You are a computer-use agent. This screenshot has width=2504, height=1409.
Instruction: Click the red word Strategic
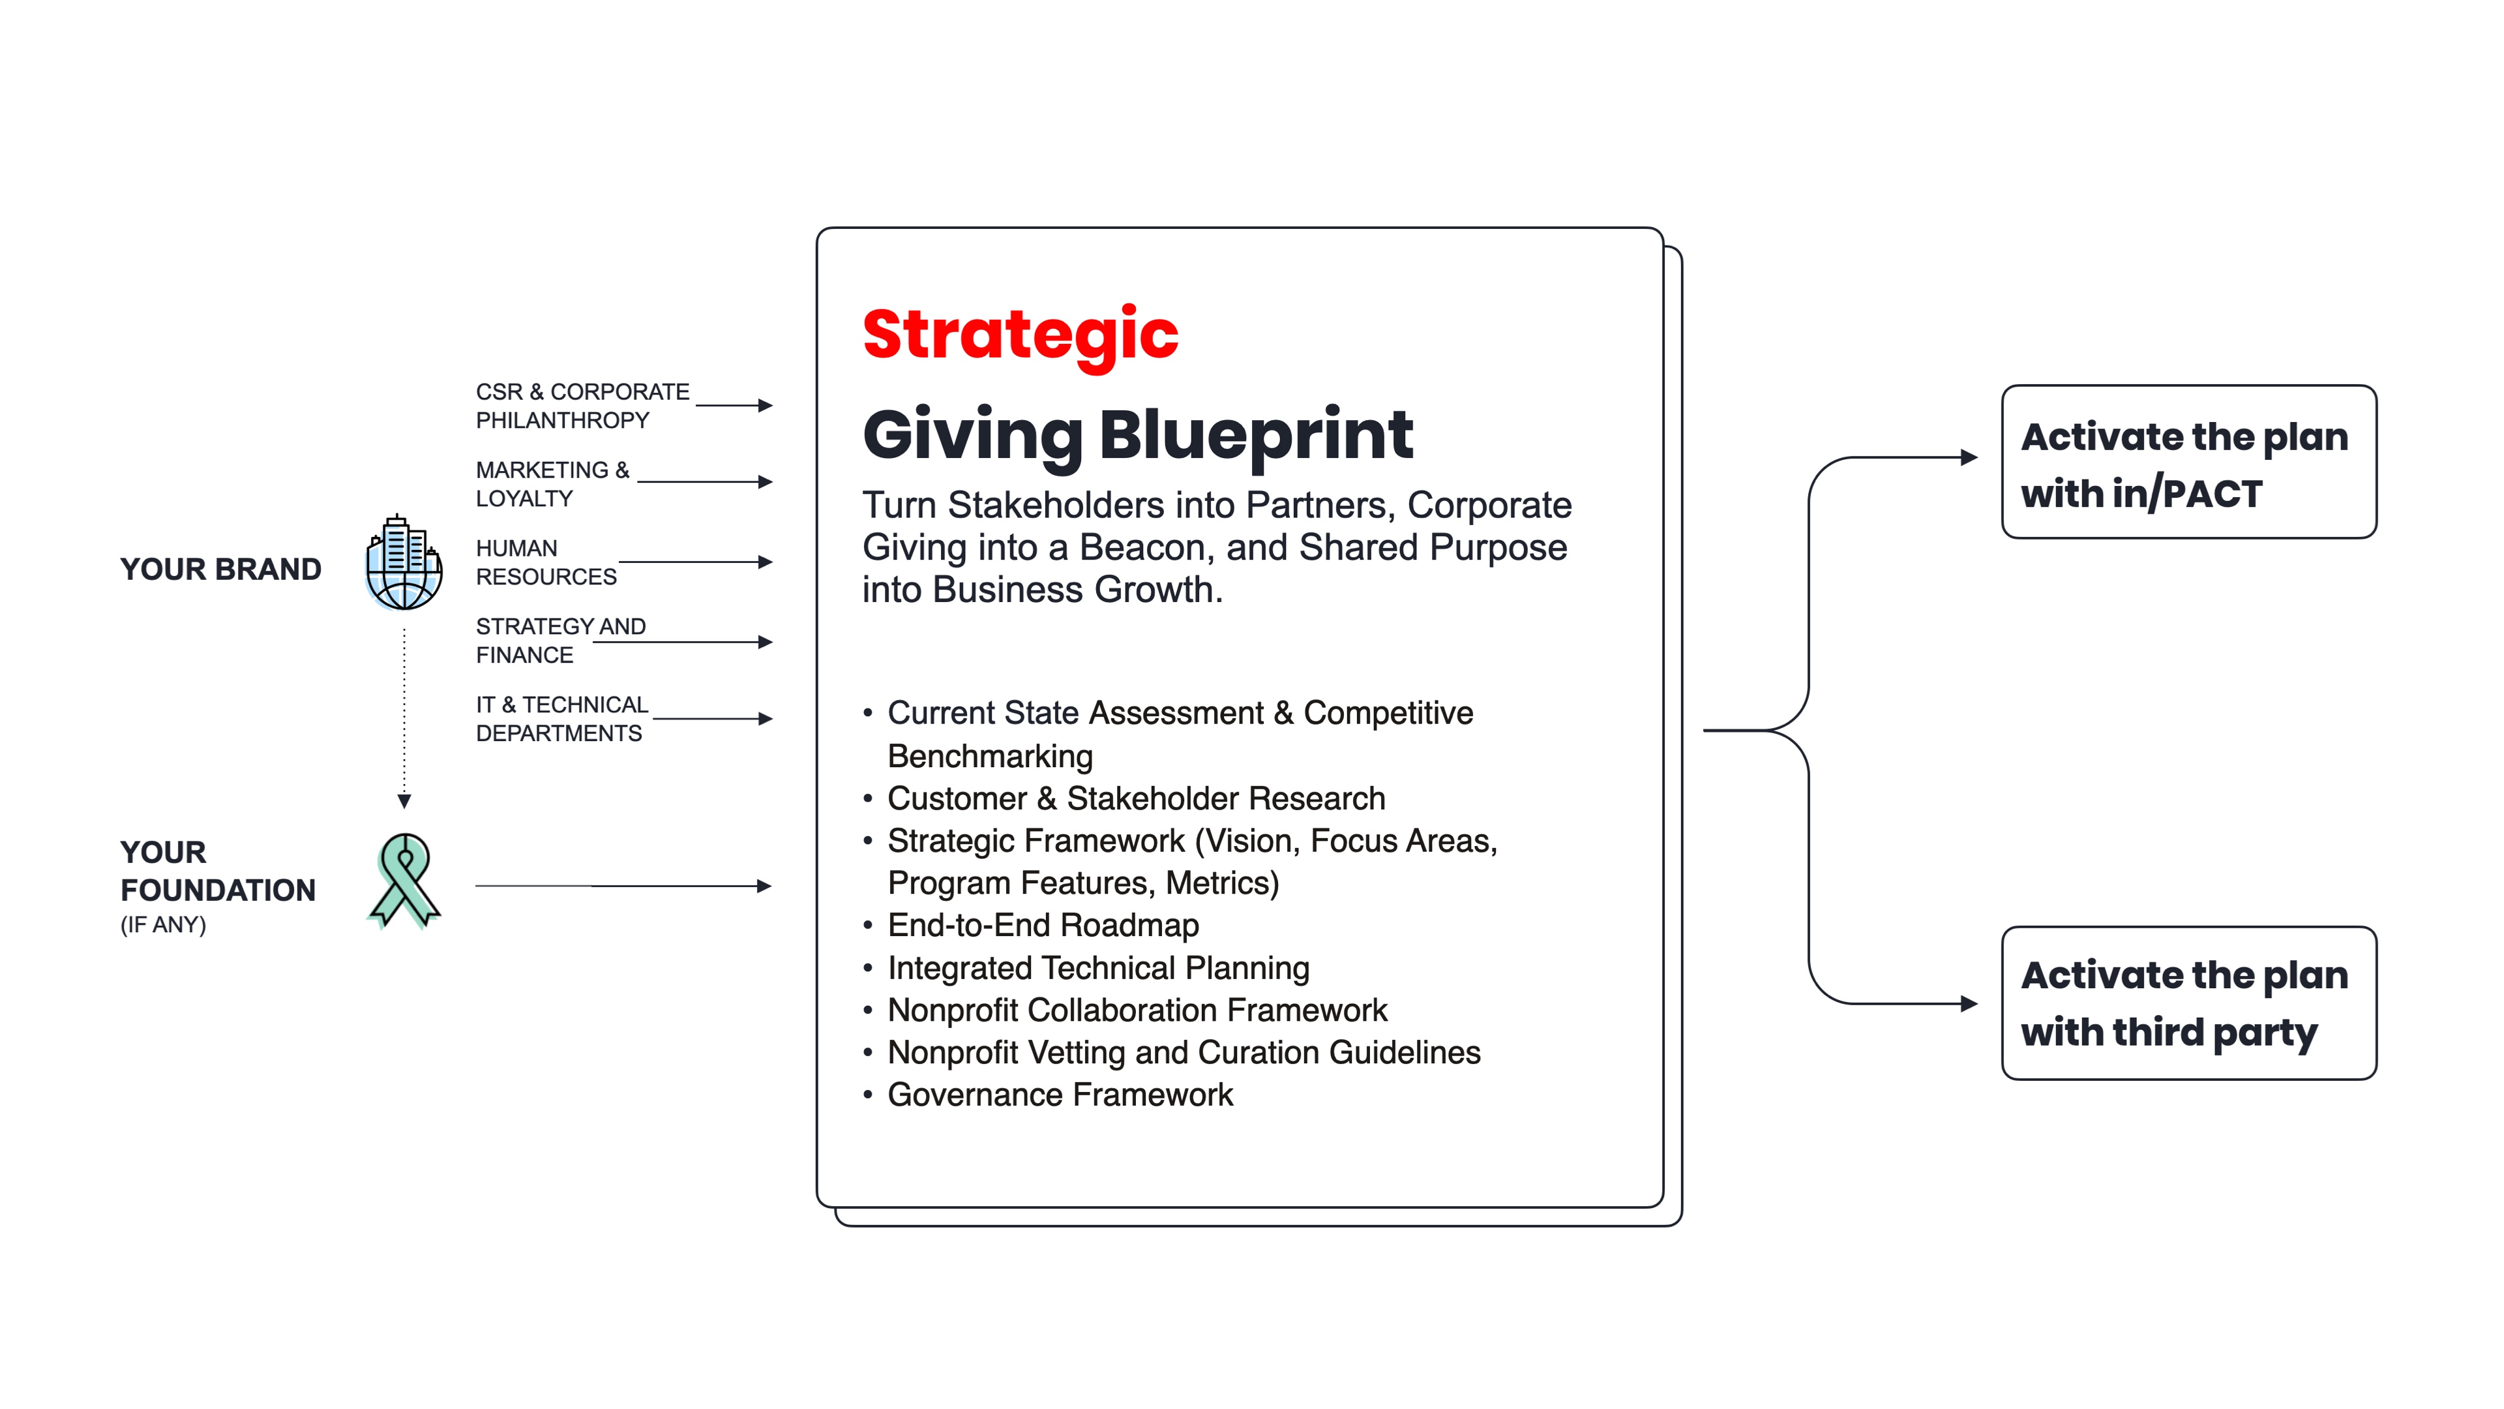[x=1020, y=335]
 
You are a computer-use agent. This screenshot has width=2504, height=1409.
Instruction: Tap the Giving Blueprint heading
[x=1137, y=436]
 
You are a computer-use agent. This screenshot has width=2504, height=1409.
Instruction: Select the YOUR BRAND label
[x=220, y=569]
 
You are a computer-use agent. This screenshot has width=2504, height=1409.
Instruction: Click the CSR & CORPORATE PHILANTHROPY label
[x=582, y=406]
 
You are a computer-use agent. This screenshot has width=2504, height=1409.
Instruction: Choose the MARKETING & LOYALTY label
[x=552, y=484]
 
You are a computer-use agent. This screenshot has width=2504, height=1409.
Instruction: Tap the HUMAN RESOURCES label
[x=546, y=562]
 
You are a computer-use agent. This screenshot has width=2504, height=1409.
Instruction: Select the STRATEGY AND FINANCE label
[x=561, y=641]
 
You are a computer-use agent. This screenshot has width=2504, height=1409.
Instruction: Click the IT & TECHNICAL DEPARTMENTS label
[x=562, y=719]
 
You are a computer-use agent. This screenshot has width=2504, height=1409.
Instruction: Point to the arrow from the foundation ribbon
[x=623, y=886]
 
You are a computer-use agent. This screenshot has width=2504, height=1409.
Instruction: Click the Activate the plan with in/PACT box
[x=2189, y=462]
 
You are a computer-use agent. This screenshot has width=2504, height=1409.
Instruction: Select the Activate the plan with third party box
[x=2189, y=1003]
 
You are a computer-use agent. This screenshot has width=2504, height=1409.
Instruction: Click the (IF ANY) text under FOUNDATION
[x=163, y=925]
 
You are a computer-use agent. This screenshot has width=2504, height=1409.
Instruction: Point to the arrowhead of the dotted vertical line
[x=404, y=801]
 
